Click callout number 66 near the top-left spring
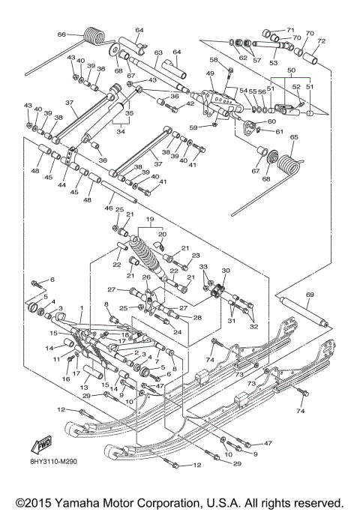click(x=62, y=34)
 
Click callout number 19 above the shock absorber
click(x=151, y=221)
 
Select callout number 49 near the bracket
click(x=211, y=73)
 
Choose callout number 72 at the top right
click(x=321, y=41)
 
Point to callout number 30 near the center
click(x=226, y=271)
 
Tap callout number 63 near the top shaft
click(x=158, y=53)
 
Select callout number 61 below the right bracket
click(x=279, y=131)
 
